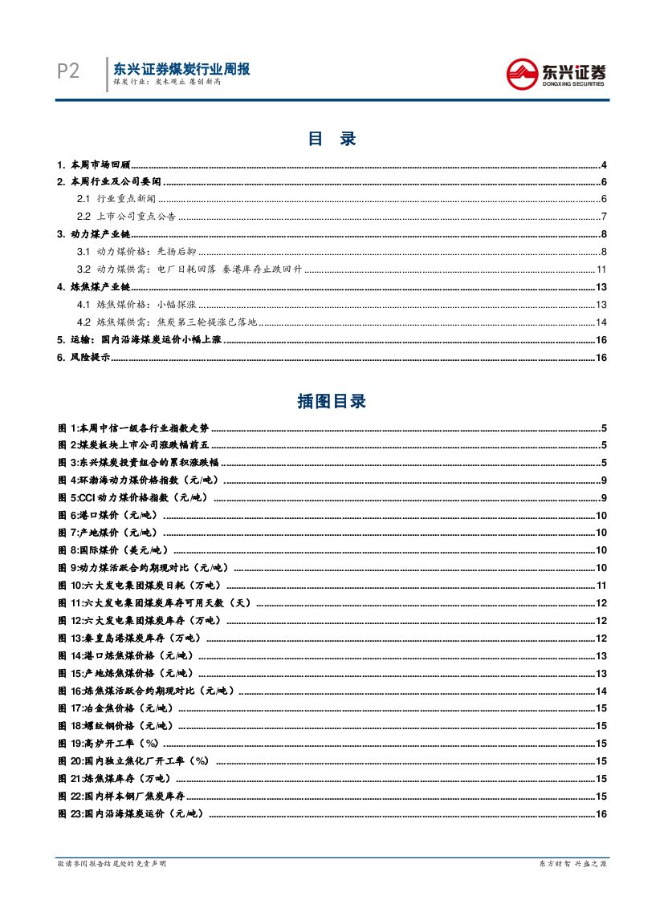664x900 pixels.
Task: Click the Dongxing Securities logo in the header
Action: click(556, 75)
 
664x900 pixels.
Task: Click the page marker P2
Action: click(68, 71)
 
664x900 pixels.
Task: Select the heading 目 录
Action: click(332, 139)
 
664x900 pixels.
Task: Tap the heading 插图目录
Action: click(332, 402)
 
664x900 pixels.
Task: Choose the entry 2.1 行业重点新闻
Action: click(116, 199)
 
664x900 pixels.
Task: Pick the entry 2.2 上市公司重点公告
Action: click(126, 217)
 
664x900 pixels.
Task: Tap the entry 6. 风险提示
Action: click(83, 358)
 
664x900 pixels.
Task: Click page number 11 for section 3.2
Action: click(601, 270)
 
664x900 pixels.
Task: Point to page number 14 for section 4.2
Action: click(601, 322)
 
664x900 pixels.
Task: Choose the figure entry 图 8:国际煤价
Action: click(114, 550)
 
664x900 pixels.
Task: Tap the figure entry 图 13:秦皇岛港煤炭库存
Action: click(130, 639)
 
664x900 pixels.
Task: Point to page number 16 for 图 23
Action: click(601, 814)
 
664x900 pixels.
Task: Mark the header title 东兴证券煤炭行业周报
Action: click(181, 69)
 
